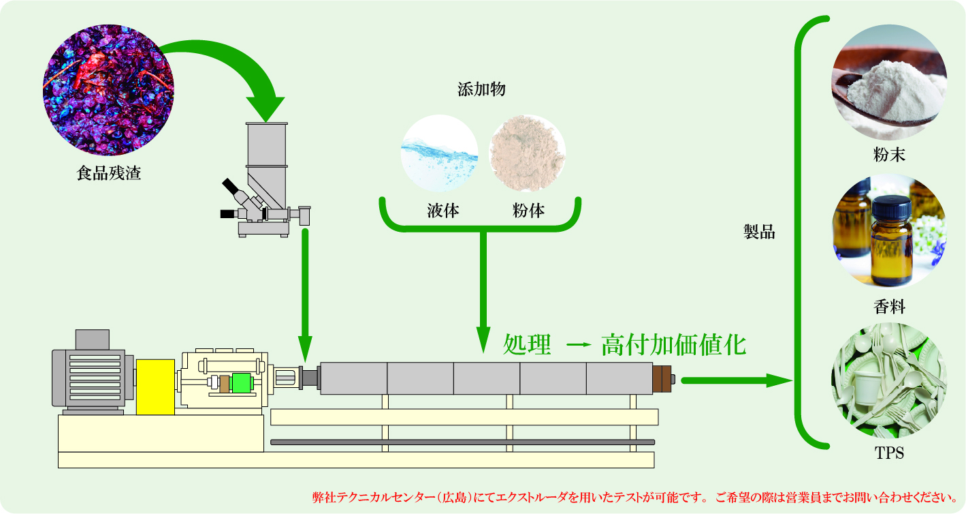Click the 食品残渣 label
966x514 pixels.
pyautogui.click(x=109, y=173)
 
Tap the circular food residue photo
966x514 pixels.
pyautogui.click(x=108, y=90)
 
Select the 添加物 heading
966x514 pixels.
pyautogui.click(x=481, y=89)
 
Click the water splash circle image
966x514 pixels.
pyautogui.click(x=440, y=153)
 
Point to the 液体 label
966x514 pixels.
pyautogui.click(x=443, y=211)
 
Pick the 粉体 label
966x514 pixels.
pyautogui.click(x=528, y=211)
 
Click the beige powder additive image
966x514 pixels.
pyautogui.click(x=527, y=153)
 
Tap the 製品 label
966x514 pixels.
pyautogui.click(x=759, y=232)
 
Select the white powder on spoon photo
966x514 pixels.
pyautogui.click(x=889, y=82)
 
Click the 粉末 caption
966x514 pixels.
pyautogui.click(x=889, y=155)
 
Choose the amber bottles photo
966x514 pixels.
pyautogui.click(x=889, y=231)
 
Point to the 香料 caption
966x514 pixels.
pyautogui.click(x=889, y=307)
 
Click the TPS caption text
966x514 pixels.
pyautogui.click(x=889, y=453)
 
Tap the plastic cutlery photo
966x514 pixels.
pyautogui.click(x=889, y=380)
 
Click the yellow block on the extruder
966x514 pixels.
pyautogui.click(x=155, y=387)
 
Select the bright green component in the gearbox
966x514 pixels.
pyautogui.click(x=241, y=383)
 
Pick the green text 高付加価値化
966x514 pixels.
pyautogui.click(x=673, y=345)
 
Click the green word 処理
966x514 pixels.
pyautogui.click(x=527, y=345)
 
